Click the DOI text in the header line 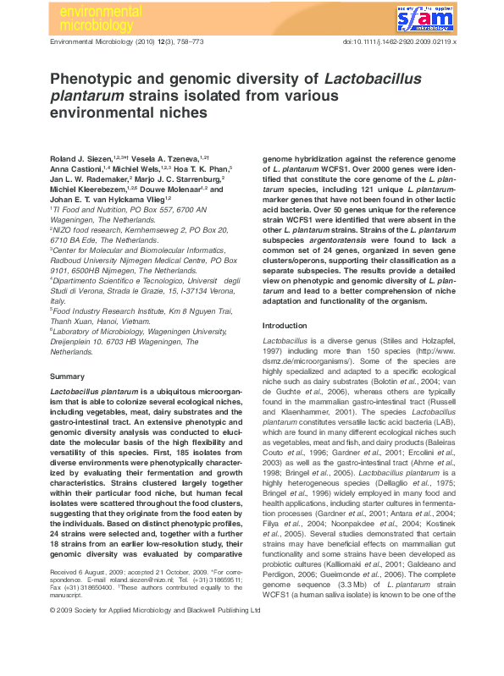399,41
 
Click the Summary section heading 67,376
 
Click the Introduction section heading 285,326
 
